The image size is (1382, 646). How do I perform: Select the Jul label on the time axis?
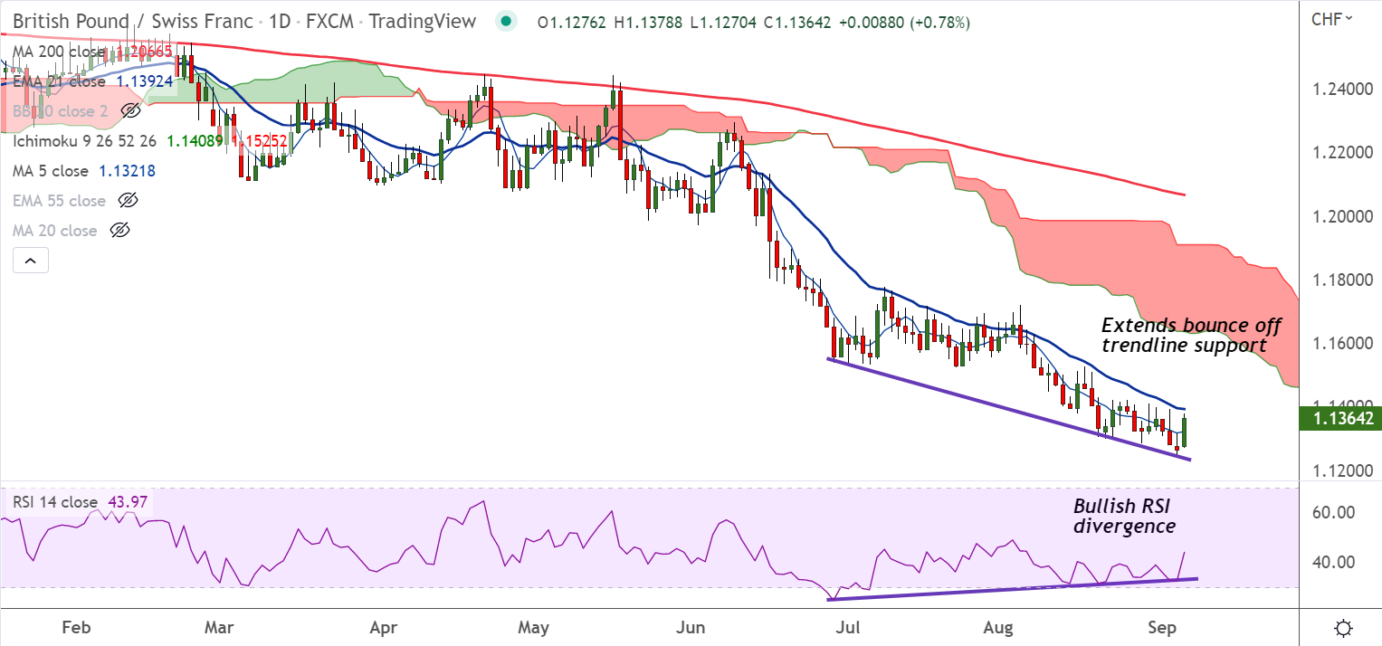848,627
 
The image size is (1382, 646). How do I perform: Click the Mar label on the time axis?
220,627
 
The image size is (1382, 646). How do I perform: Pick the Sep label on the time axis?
1160,627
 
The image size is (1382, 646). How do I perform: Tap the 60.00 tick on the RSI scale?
1333,512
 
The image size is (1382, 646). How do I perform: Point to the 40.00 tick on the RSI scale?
1333,562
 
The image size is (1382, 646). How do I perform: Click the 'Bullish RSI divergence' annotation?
1125,516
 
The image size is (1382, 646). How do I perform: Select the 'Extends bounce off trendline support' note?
1191,335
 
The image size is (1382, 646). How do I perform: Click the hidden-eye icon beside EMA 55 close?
129,201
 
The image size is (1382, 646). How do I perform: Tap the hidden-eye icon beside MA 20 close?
119,231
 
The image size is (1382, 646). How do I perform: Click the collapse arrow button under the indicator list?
30,261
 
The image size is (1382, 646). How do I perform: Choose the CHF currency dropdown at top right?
1331,18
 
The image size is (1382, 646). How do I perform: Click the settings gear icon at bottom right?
1344,628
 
